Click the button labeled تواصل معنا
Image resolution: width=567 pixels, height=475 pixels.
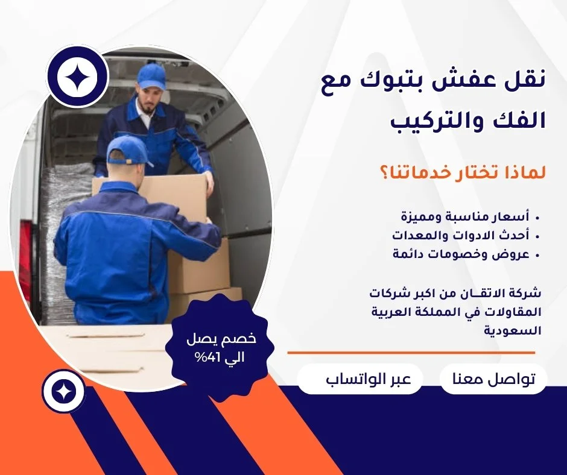point(493,379)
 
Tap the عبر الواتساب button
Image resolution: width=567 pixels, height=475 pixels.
point(360,379)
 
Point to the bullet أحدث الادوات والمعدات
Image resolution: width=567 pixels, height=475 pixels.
point(461,235)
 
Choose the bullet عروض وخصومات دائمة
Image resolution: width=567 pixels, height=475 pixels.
point(461,254)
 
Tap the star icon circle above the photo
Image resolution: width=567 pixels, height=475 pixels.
point(77,77)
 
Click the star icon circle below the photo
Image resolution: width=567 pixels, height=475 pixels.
point(63,391)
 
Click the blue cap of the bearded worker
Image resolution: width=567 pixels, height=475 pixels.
point(152,77)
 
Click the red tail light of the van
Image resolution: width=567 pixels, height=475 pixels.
point(25,261)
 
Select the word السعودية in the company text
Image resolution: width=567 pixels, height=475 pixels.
point(512,330)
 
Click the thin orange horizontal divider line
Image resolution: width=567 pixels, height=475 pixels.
point(411,353)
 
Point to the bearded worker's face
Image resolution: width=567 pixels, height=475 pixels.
point(150,99)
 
